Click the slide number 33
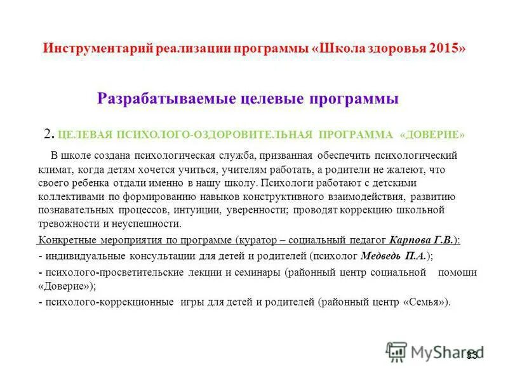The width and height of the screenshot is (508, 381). click(472, 354)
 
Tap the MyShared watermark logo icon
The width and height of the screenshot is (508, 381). click(396, 351)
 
